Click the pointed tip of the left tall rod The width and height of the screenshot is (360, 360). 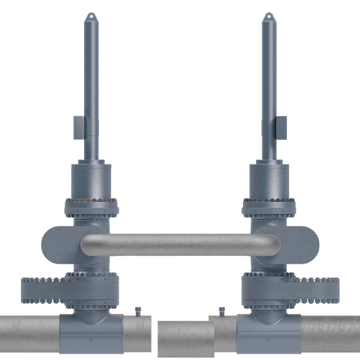tap(91, 15)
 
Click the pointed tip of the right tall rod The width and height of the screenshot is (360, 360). tap(269, 15)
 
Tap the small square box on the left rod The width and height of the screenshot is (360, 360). tap(78, 128)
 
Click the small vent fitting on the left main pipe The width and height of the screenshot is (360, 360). tap(138, 312)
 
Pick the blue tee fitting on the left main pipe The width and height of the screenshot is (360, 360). tap(91, 333)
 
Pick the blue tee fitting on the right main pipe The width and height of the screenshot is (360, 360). tap(269, 333)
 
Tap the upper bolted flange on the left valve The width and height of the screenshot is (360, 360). tap(91, 207)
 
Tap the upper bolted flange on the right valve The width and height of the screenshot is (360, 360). tap(269, 207)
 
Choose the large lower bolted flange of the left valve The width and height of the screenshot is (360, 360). tap(69, 291)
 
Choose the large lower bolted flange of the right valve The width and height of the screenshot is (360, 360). tap(291, 291)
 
